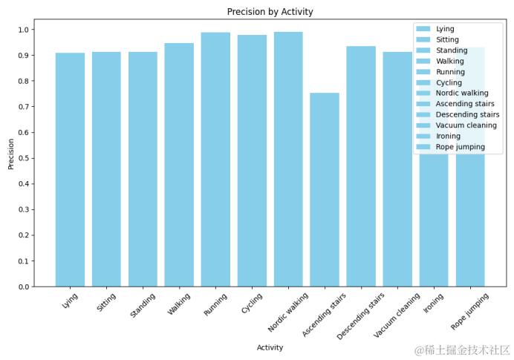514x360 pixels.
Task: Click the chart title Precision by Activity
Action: pos(270,12)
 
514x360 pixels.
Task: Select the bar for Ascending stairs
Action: pos(325,189)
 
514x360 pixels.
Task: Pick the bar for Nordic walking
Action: pos(288,159)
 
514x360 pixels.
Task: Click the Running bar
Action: pos(215,159)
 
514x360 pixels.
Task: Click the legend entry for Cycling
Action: pos(449,82)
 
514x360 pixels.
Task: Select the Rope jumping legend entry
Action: pos(460,147)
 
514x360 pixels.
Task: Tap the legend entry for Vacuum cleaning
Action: pos(464,125)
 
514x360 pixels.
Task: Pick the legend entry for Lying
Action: pos(445,29)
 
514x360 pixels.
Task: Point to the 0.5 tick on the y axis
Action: pos(24,158)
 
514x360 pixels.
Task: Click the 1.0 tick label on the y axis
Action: pos(24,30)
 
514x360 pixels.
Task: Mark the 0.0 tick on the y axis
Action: pos(24,287)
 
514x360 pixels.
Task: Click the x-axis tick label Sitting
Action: pos(106,302)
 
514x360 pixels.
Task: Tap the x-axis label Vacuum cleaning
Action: pos(397,315)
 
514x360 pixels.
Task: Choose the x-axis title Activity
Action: pos(270,347)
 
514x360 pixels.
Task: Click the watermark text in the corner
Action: pos(462,350)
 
